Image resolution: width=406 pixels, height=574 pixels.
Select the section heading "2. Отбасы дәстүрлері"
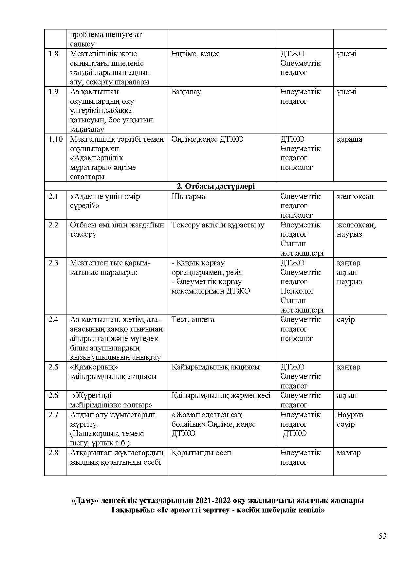click(x=215, y=186)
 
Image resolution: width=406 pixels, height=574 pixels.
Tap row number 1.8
click(x=53, y=54)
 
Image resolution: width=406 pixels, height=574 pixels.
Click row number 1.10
click(x=55, y=139)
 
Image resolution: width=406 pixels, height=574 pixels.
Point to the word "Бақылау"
click(x=186, y=92)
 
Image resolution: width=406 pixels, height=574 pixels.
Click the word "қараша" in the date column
click(x=349, y=139)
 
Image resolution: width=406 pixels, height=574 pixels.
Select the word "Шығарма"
click(x=188, y=197)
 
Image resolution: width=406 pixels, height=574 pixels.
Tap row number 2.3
click(x=53, y=263)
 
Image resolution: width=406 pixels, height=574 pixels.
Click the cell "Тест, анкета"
click(x=193, y=320)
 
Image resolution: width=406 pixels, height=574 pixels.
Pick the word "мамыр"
click(x=348, y=453)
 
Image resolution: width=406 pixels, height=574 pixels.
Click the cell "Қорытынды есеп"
click(x=201, y=453)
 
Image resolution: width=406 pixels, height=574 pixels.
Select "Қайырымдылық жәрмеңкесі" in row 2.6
click(x=221, y=396)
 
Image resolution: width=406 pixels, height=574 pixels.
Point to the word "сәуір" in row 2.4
click(x=345, y=320)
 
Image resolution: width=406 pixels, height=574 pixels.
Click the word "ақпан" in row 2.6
click(x=347, y=396)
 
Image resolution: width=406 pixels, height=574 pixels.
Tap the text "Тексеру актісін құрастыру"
click(x=218, y=225)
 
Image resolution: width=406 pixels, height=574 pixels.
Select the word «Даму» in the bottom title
click(x=85, y=501)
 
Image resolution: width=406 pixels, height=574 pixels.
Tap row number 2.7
click(x=53, y=415)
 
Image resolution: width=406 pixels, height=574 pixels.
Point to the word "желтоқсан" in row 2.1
click(x=355, y=197)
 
